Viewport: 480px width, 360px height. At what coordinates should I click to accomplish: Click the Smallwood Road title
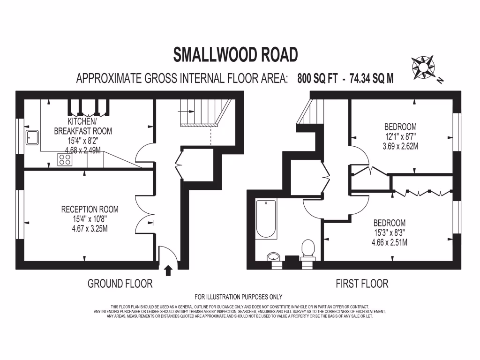click(x=236, y=54)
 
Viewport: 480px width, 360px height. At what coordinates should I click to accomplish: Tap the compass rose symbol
click(x=423, y=67)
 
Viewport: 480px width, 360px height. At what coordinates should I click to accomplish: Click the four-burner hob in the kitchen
click(x=65, y=159)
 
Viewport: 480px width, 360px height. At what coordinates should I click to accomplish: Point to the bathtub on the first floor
click(x=266, y=218)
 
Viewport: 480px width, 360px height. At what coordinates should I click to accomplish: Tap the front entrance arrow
click(x=168, y=270)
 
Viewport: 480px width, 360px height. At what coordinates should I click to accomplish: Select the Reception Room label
click(x=90, y=209)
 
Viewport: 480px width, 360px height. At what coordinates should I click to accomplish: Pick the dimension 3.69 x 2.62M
click(x=400, y=146)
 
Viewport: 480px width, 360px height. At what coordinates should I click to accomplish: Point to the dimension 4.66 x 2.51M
click(x=389, y=242)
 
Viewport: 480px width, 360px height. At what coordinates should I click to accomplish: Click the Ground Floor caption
click(x=120, y=284)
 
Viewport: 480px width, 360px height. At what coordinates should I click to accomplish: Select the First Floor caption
click(x=362, y=284)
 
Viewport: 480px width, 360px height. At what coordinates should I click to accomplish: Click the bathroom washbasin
click(x=273, y=257)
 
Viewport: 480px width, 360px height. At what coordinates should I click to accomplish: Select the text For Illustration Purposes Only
click(x=239, y=297)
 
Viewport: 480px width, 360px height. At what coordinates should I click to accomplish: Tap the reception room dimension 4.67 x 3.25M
click(x=90, y=229)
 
